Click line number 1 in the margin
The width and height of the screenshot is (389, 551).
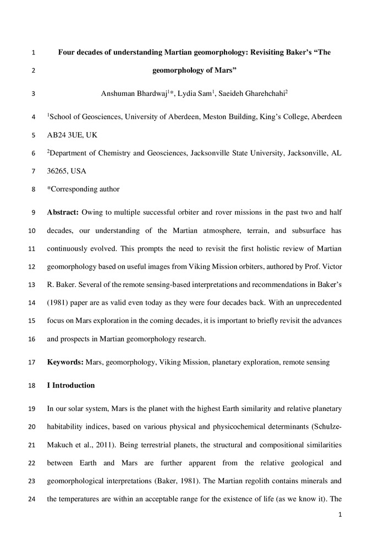[x=34, y=53]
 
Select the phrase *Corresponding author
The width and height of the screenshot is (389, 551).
[x=83, y=190]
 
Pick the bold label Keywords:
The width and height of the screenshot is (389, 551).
[x=65, y=362]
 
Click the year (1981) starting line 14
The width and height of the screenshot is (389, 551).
[x=58, y=302]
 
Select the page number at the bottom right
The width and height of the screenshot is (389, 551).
[x=341, y=515]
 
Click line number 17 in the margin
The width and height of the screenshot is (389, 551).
[x=32, y=363]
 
